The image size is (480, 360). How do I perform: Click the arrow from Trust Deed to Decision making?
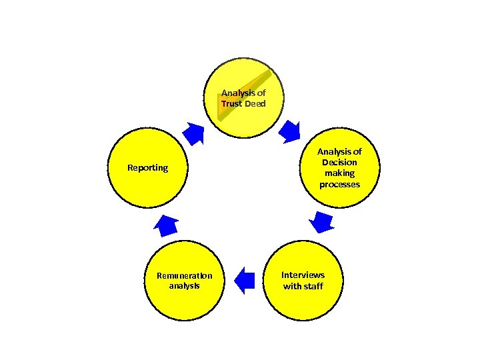tap(289, 131)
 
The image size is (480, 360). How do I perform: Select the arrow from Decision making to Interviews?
tap(323, 222)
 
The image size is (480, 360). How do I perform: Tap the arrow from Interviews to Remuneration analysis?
tap(245, 281)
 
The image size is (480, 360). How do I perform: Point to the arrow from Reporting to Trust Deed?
tap(194, 133)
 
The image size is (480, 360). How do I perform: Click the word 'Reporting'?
tap(148, 167)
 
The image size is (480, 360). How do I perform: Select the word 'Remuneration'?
tap(184, 275)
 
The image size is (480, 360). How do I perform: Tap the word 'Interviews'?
tap(303, 275)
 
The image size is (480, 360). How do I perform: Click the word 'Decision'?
tap(339, 162)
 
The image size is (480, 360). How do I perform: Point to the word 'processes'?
tap(339, 184)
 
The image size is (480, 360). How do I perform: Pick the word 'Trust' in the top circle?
tap(232, 104)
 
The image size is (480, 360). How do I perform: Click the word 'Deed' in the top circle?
tap(255, 104)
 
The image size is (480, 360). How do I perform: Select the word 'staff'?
tap(313, 286)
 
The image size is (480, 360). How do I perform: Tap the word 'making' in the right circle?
tap(339, 173)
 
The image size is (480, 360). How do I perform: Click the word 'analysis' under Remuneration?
tap(184, 286)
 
